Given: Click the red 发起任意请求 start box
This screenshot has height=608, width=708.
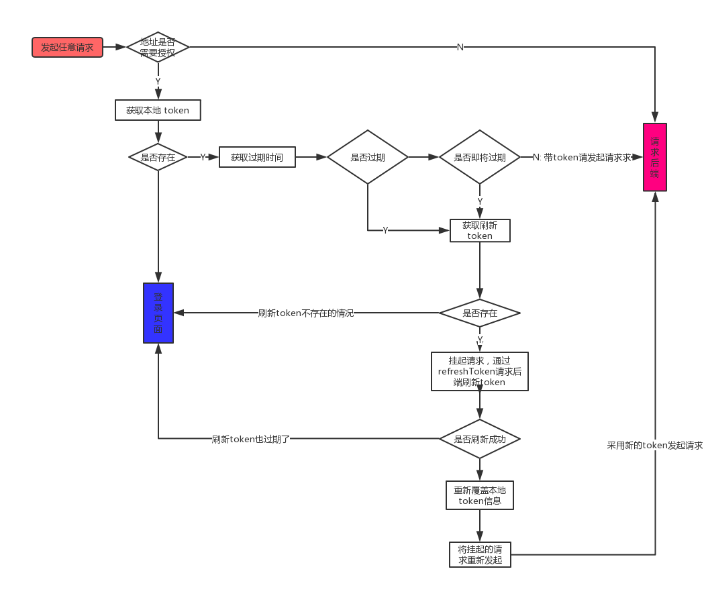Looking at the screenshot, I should [x=67, y=47].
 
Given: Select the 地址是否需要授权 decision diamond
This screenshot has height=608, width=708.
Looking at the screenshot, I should [x=158, y=47].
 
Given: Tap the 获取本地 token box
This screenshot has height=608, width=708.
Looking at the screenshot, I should [x=158, y=110].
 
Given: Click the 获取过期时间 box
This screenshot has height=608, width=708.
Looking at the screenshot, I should [x=257, y=157].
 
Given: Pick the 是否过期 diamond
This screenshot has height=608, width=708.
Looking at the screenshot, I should [x=367, y=157].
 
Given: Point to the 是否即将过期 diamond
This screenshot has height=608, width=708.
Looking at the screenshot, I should [x=479, y=157].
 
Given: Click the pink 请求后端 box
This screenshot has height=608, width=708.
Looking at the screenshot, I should [x=654, y=157].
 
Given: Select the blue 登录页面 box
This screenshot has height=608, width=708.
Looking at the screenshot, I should [x=158, y=313].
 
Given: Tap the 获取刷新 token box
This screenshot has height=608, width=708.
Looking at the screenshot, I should [x=480, y=230].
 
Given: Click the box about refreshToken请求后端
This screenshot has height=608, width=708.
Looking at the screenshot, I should [x=480, y=371].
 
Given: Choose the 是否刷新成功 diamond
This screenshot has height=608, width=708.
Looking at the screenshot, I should [x=480, y=439].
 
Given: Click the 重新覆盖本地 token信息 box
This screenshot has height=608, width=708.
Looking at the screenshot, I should [x=480, y=495].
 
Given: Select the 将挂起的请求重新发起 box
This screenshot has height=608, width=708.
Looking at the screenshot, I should [x=480, y=554].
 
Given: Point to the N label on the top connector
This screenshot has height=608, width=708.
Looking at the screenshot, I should [x=460, y=47].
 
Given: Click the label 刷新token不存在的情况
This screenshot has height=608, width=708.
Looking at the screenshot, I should [x=306, y=313].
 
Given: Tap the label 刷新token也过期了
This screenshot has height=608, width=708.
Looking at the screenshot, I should [x=251, y=439].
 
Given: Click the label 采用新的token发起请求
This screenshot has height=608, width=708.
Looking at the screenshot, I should [x=655, y=445].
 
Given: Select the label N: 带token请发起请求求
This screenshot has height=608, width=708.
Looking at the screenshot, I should [x=582, y=157].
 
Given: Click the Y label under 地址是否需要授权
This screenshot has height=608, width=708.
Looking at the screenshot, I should [x=158, y=81].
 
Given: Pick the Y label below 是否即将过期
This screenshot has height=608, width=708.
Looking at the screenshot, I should [x=480, y=201].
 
